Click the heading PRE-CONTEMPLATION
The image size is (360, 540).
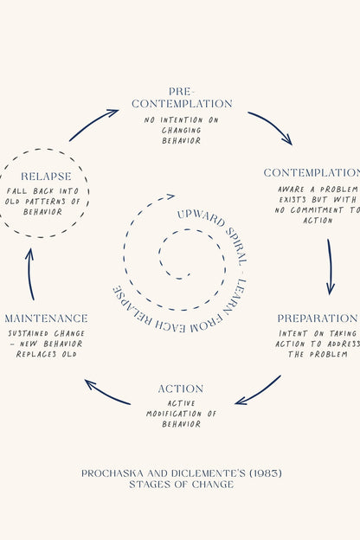(x=182, y=98)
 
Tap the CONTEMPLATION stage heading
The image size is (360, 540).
(x=312, y=173)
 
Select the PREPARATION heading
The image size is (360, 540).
(x=318, y=318)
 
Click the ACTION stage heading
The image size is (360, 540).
(x=181, y=389)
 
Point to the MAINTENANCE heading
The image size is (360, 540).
(x=46, y=318)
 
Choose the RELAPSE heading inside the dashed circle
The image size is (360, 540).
(x=46, y=177)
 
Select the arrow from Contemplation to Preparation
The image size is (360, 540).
(x=331, y=267)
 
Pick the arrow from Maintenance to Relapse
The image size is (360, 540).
(x=29, y=273)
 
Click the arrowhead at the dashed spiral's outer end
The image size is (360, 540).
(x=170, y=196)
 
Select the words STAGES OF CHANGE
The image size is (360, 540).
(x=182, y=485)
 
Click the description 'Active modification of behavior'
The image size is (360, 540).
(x=181, y=414)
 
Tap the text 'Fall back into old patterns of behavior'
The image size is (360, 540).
(x=42, y=201)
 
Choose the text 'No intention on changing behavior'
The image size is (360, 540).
(x=181, y=130)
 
